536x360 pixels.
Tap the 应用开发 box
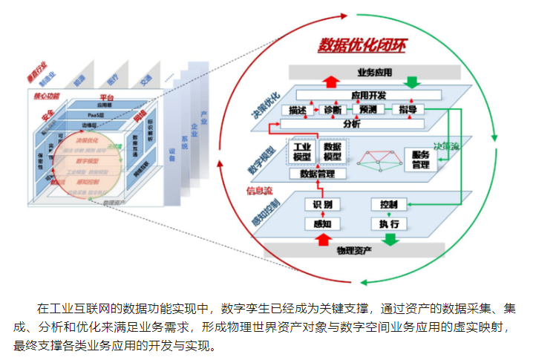coord(368,96)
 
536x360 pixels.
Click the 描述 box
coord(295,110)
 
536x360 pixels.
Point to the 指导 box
coord(407,110)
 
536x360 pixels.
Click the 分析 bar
coord(351,125)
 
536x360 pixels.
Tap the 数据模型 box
coord(333,151)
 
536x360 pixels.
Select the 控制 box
coord(388,204)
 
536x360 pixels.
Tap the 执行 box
coord(388,223)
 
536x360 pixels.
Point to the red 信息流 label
coord(260,191)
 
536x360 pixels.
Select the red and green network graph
coord(378,159)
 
